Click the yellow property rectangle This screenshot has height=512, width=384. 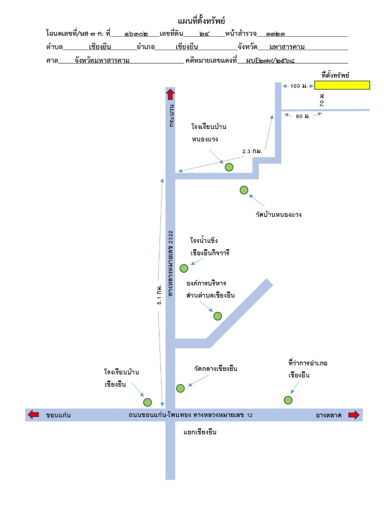tap(342, 85)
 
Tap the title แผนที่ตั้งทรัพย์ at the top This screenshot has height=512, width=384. tap(201, 21)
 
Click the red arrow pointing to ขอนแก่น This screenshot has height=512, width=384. tap(33, 415)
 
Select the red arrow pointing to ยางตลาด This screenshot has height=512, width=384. tap(354, 415)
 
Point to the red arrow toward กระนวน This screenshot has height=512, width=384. tap(170, 94)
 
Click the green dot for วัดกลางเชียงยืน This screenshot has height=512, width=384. tap(180, 388)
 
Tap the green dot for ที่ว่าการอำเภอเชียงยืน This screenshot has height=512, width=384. tap(288, 400)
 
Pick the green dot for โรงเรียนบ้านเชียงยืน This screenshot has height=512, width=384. tap(147, 402)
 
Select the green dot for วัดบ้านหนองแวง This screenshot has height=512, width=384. tap(244, 190)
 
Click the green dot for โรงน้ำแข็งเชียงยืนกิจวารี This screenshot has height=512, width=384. tap(184, 269)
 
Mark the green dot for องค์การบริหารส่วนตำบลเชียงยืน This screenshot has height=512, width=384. tap(218, 316)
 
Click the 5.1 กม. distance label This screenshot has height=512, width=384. tap(159, 294)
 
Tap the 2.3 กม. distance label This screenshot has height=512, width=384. tap(252, 151)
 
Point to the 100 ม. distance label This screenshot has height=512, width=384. tap(299, 86)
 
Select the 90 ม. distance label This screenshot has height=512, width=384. tap(303, 116)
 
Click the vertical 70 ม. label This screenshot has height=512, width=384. tap(322, 100)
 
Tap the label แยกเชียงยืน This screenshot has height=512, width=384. tap(200, 432)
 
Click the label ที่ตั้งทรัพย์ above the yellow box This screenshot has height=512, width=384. tap(335, 75)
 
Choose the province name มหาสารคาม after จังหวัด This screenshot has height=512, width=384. tap(287, 47)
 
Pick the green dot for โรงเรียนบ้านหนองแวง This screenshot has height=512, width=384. tap(229, 167)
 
